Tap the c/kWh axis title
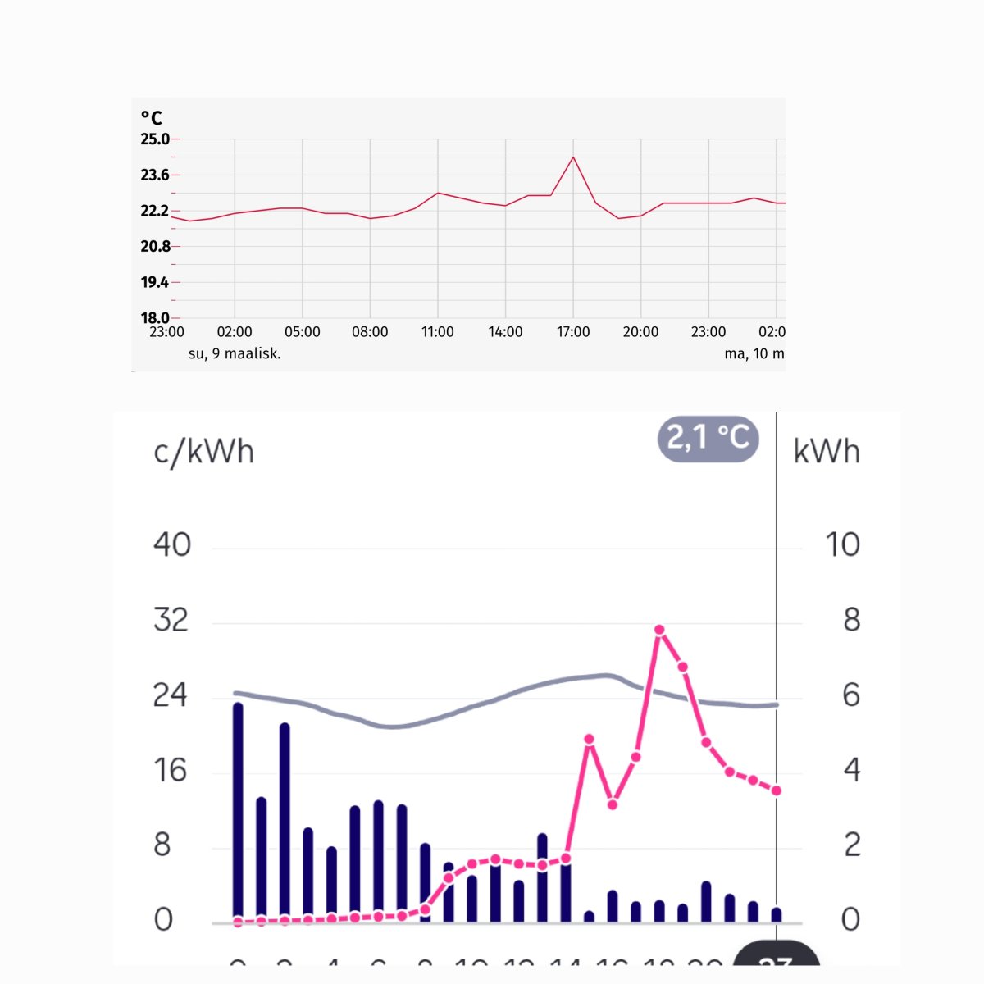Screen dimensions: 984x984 click(x=203, y=452)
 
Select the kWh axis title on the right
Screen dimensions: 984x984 click(x=827, y=452)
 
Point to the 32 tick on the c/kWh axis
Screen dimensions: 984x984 click(x=171, y=620)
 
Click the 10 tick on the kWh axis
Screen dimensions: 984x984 click(x=842, y=544)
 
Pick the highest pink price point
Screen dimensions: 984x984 click(x=659, y=630)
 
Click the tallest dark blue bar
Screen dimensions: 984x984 click(x=238, y=812)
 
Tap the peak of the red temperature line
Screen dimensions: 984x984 click(x=573, y=157)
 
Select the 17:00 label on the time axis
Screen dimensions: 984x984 click(x=573, y=332)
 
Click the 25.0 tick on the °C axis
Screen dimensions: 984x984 click(x=155, y=139)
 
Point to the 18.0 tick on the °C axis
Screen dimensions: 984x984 click(x=155, y=318)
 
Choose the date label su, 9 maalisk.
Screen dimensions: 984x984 click(x=235, y=354)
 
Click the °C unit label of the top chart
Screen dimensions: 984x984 click(x=152, y=118)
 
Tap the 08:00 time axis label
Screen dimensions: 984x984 click(x=370, y=332)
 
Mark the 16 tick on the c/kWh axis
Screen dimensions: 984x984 click(x=171, y=771)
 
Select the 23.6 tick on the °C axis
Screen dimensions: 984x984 click(x=155, y=175)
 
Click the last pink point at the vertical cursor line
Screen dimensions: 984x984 click(x=776, y=790)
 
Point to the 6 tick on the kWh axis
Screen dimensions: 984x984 click(x=851, y=695)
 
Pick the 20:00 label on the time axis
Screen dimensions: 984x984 click(x=640, y=332)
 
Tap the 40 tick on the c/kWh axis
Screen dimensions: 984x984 click(x=172, y=544)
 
